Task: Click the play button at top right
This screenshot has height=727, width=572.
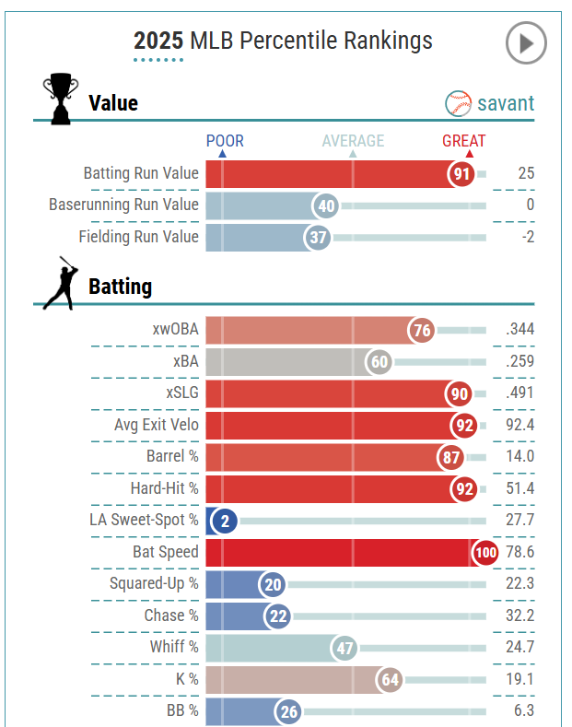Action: (x=526, y=42)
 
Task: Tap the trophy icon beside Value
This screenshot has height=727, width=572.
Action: (x=60, y=100)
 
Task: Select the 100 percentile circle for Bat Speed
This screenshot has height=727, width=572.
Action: (x=484, y=553)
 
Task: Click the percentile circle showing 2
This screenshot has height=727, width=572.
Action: (x=223, y=522)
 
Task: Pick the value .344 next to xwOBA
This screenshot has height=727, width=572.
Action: (x=519, y=330)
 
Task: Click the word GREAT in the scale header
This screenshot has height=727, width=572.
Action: (x=463, y=141)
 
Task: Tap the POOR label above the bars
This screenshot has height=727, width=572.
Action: (x=225, y=141)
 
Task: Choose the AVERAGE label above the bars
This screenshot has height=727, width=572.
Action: (x=353, y=141)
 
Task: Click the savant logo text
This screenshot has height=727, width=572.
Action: (x=505, y=103)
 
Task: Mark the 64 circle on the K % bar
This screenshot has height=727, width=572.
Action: (x=391, y=680)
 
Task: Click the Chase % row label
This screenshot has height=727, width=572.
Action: (x=171, y=616)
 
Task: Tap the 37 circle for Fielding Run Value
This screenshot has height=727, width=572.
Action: (x=319, y=238)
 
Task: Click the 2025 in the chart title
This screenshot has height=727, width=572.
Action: (x=158, y=41)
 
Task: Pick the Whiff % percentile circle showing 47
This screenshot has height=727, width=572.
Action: (x=345, y=648)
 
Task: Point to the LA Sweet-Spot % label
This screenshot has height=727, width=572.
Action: (x=144, y=521)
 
